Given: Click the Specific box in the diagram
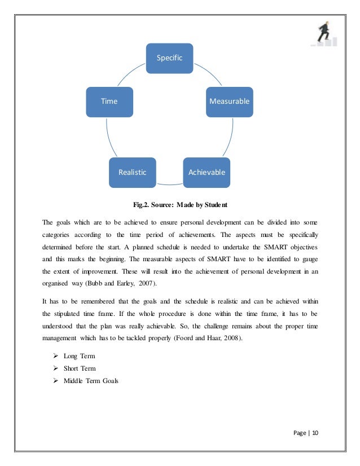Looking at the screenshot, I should [x=169, y=58].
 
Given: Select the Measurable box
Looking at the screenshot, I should [x=229, y=102].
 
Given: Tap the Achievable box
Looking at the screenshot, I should [x=206, y=172].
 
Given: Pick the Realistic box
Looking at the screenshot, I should [x=132, y=172].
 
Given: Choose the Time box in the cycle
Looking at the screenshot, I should [x=109, y=102].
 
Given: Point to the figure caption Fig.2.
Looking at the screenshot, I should [x=143, y=204].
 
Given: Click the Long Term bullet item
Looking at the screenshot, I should [x=80, y=356].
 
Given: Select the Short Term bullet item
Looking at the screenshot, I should [x=80, y=368].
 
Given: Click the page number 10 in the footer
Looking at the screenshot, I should [x=315, y=433].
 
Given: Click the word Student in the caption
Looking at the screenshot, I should [x=213, y=204].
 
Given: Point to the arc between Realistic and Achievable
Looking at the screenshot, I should [x=169, y=183].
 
